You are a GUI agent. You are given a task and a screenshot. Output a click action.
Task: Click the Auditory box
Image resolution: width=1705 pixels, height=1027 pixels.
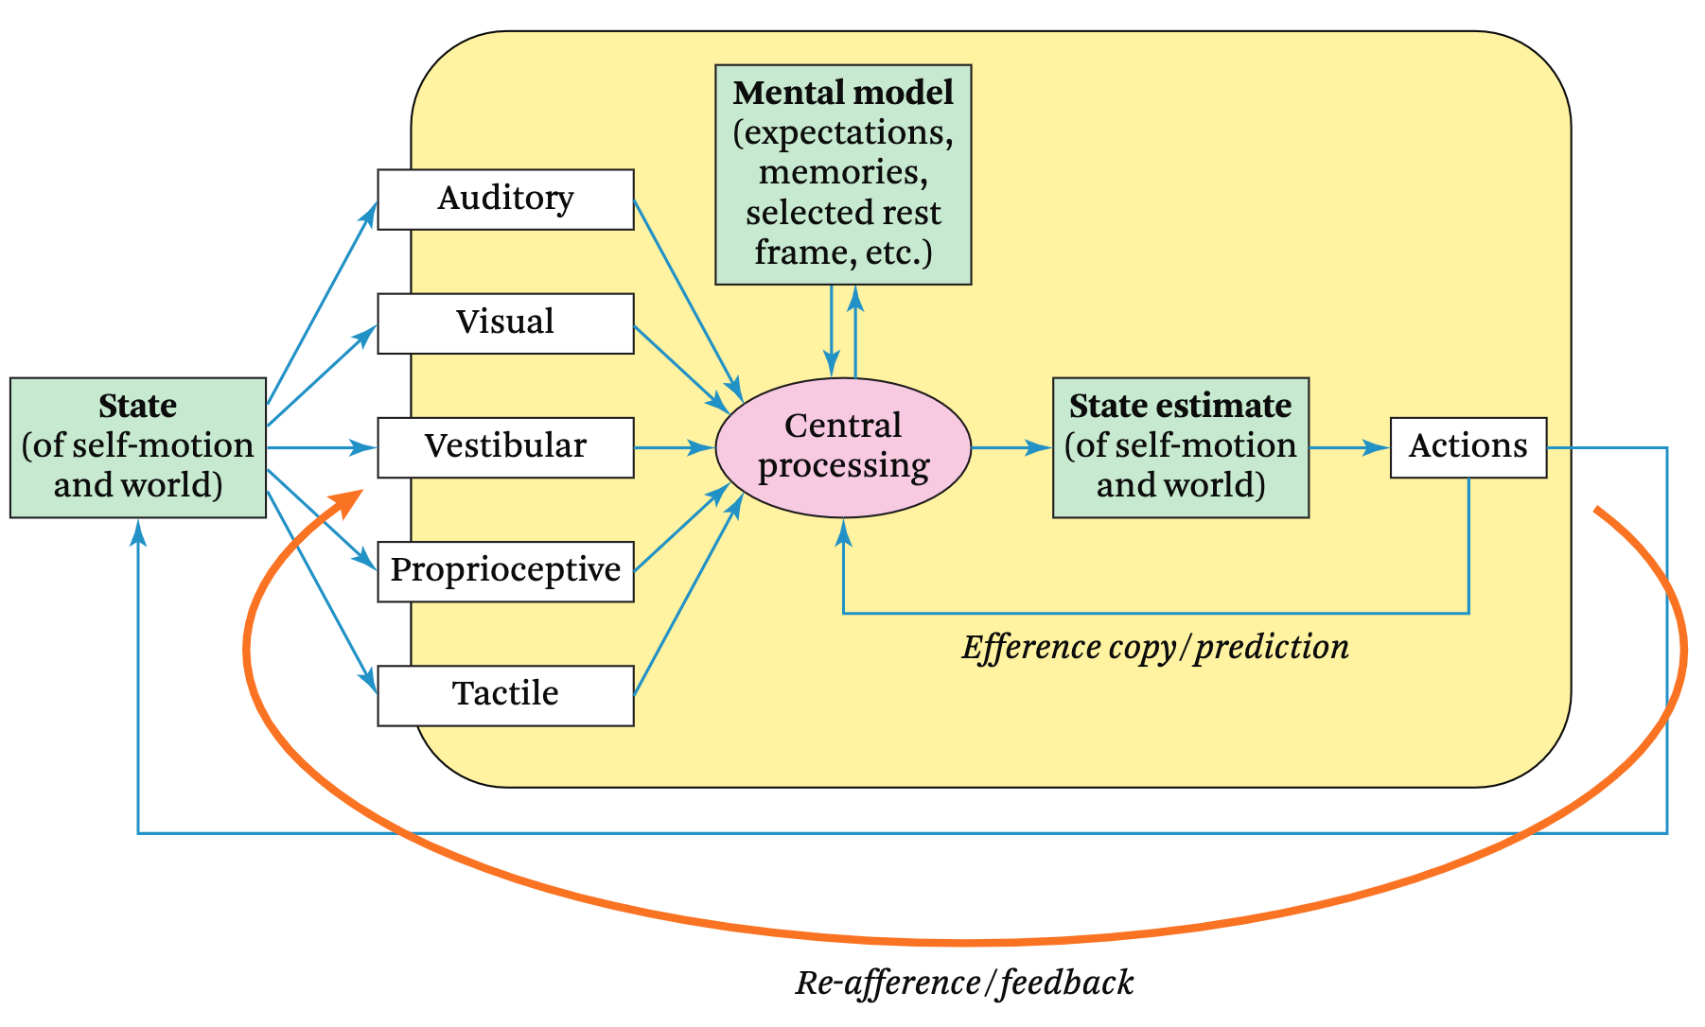(505, 199)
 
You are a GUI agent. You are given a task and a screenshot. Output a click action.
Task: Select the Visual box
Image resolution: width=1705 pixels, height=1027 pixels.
(505, 322)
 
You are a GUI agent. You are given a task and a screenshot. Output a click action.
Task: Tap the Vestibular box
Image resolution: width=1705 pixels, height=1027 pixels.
(505, 446)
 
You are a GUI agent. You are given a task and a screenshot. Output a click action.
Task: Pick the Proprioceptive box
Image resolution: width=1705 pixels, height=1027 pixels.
(505, 570)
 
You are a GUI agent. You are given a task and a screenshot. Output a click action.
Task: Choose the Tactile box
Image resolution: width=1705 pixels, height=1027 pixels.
(505, 694)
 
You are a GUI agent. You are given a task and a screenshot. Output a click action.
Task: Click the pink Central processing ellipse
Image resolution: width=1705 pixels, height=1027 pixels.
(843, 447)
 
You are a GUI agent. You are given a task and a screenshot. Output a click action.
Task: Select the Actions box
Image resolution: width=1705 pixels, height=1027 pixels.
(1468, 446)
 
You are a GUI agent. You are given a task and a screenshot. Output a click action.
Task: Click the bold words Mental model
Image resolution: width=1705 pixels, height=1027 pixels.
(843, 93)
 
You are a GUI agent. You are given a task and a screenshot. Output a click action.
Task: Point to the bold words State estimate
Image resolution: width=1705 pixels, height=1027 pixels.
(1180, 406)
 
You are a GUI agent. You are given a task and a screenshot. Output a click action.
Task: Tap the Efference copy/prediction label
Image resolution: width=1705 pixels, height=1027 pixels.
(1155, 647)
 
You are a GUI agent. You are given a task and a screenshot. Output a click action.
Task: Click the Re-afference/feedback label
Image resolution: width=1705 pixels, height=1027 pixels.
(964, 983)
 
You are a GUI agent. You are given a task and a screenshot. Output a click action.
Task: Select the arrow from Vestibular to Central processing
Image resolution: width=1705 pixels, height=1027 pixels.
(674, 447)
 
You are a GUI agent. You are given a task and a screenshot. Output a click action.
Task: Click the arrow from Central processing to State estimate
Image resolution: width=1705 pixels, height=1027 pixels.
(1011, 447)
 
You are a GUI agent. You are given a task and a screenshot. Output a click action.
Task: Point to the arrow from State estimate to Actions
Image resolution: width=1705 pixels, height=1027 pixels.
(1348, 447)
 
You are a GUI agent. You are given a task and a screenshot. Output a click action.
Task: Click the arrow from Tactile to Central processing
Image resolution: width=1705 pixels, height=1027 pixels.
(686, 600)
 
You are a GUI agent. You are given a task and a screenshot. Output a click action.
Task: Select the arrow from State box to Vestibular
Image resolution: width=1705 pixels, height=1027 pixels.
(322, 447)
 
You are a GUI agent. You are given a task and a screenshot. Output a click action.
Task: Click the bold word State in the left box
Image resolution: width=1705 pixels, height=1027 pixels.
(138, 406)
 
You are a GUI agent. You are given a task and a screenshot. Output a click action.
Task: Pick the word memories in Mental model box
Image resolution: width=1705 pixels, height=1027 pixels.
(843, 172)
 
